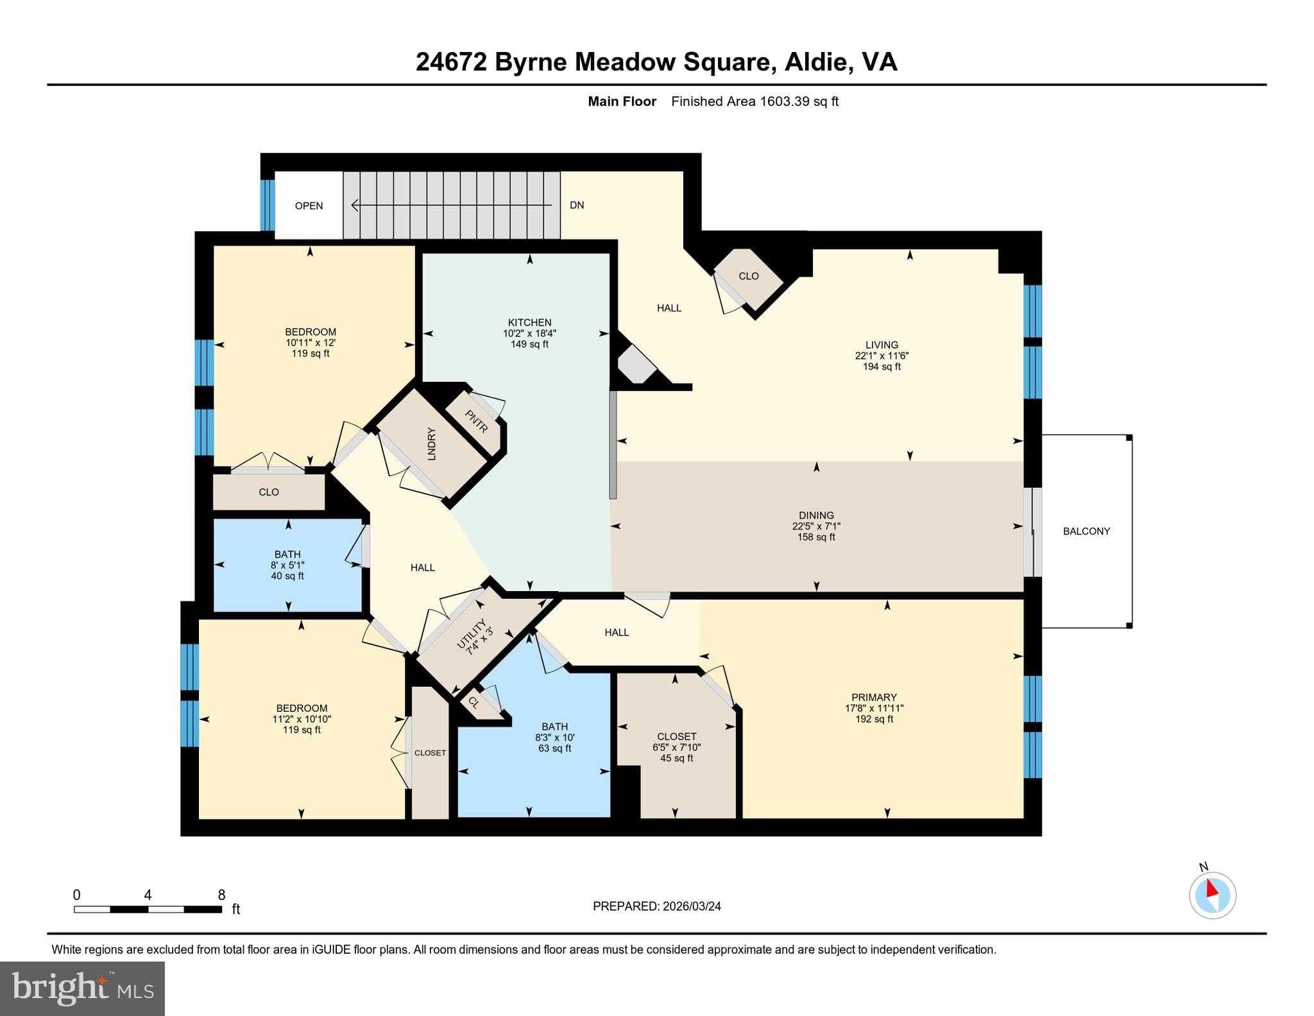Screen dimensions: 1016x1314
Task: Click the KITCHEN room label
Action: (x=529, y=322)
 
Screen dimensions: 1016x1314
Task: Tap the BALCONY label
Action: (x=1086, y=531)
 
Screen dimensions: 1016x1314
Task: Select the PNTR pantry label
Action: (x=477, y=420)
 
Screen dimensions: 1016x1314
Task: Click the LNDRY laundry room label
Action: (x=431, y=443)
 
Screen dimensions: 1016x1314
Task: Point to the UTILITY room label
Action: (x=472, y=634)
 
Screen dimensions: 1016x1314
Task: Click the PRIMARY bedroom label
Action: (x=874, y=697)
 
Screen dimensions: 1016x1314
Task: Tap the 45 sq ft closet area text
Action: (x=676, y=758)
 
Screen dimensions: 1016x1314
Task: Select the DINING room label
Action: (x=816, y=515)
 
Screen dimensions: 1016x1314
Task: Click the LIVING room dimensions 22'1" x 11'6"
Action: (x=882, y=356)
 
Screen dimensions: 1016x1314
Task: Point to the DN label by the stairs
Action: (x=577, y=205)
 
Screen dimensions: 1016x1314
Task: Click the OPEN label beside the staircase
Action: (x=309, y=206)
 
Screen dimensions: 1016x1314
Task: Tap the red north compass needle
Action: (x=1211, y=889)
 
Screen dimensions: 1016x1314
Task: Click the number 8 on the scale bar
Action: (x=221, y=895)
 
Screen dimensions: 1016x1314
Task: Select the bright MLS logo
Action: (x=82, y=988)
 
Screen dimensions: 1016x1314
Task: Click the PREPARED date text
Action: (x=656, y=906)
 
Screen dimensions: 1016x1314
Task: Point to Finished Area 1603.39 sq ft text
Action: (x=755, y=101)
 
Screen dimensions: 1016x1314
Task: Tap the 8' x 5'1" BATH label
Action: (x=287, y=565)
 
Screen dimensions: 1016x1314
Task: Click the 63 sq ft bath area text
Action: (x=554, y=748)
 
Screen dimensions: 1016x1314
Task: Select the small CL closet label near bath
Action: (x=474, y=702)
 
